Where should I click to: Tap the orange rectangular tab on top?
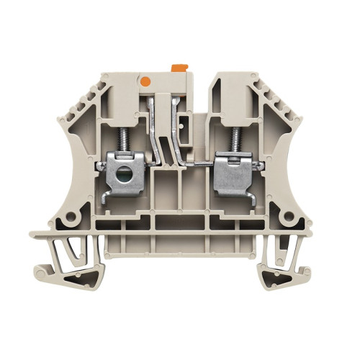178,68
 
